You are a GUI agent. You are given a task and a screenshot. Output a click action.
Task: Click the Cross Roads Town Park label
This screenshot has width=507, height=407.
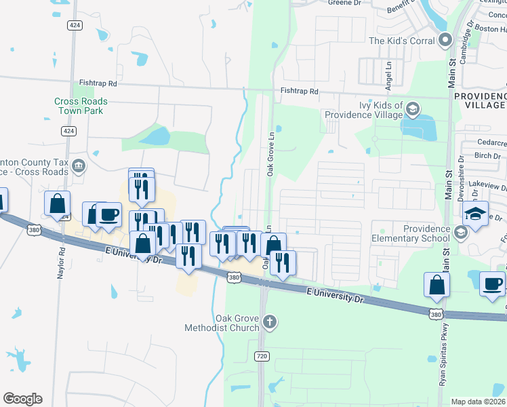click(81, 106)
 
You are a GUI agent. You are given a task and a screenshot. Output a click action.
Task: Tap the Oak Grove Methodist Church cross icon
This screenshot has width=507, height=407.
click(270, 321)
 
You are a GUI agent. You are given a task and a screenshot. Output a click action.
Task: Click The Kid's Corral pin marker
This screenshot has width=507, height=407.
click(445, 41)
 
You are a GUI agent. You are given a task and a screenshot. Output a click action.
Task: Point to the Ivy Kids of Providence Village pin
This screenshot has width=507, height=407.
click(412, 109)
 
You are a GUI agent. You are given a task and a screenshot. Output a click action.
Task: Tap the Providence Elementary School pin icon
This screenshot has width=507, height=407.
click(461, 233)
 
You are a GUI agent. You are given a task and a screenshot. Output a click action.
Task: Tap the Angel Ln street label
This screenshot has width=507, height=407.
click(388, 76)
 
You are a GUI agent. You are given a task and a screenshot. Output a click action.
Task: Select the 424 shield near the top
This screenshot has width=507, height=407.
click(75, 25)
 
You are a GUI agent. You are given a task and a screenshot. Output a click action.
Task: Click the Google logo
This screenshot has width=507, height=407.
click(22, 399)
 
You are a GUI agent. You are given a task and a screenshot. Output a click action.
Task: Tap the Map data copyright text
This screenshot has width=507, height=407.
click(478, 402)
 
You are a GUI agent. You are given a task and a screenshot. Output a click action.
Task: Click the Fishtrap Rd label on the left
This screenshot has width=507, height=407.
click(98, 83)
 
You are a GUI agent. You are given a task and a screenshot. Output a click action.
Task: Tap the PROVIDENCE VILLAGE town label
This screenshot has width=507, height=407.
click(479, 100)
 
